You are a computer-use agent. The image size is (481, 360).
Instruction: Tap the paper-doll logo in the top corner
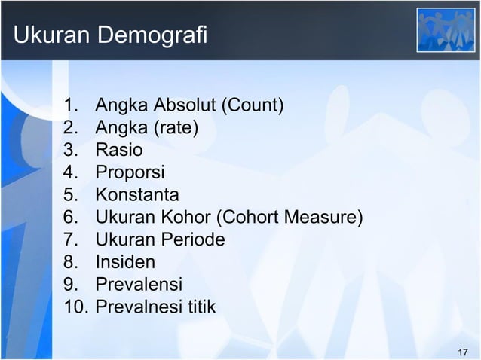click(x=446, y=30)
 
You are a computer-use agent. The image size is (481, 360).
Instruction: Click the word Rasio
click(x=118, y=150)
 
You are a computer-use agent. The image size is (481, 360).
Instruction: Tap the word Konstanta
click(x=136, y=195)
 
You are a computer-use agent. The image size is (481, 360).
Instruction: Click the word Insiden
click(x=125, y=263)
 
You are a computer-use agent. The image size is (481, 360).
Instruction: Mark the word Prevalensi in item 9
click(x=139, y=285)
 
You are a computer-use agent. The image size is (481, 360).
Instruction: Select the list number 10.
click(x=77, y=307)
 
